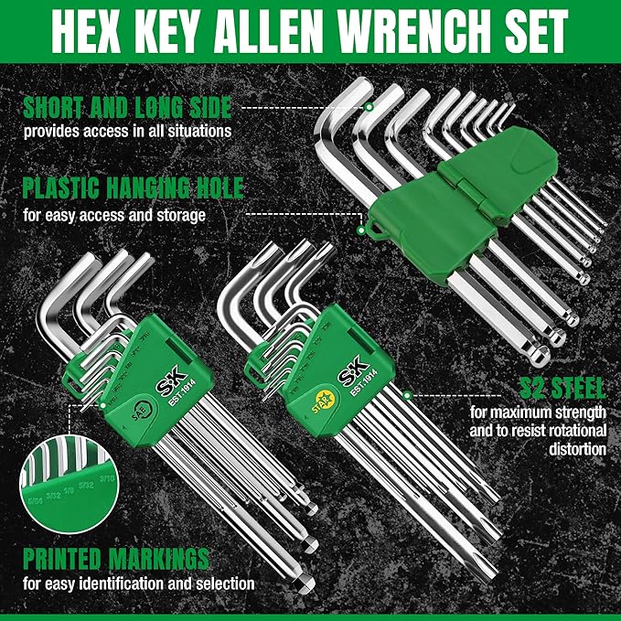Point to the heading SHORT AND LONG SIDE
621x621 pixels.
click(127, 107)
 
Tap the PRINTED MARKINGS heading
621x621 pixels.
click(117, 559)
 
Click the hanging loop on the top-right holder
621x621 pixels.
click(370, 226)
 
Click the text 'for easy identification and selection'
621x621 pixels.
click(138, 583)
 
